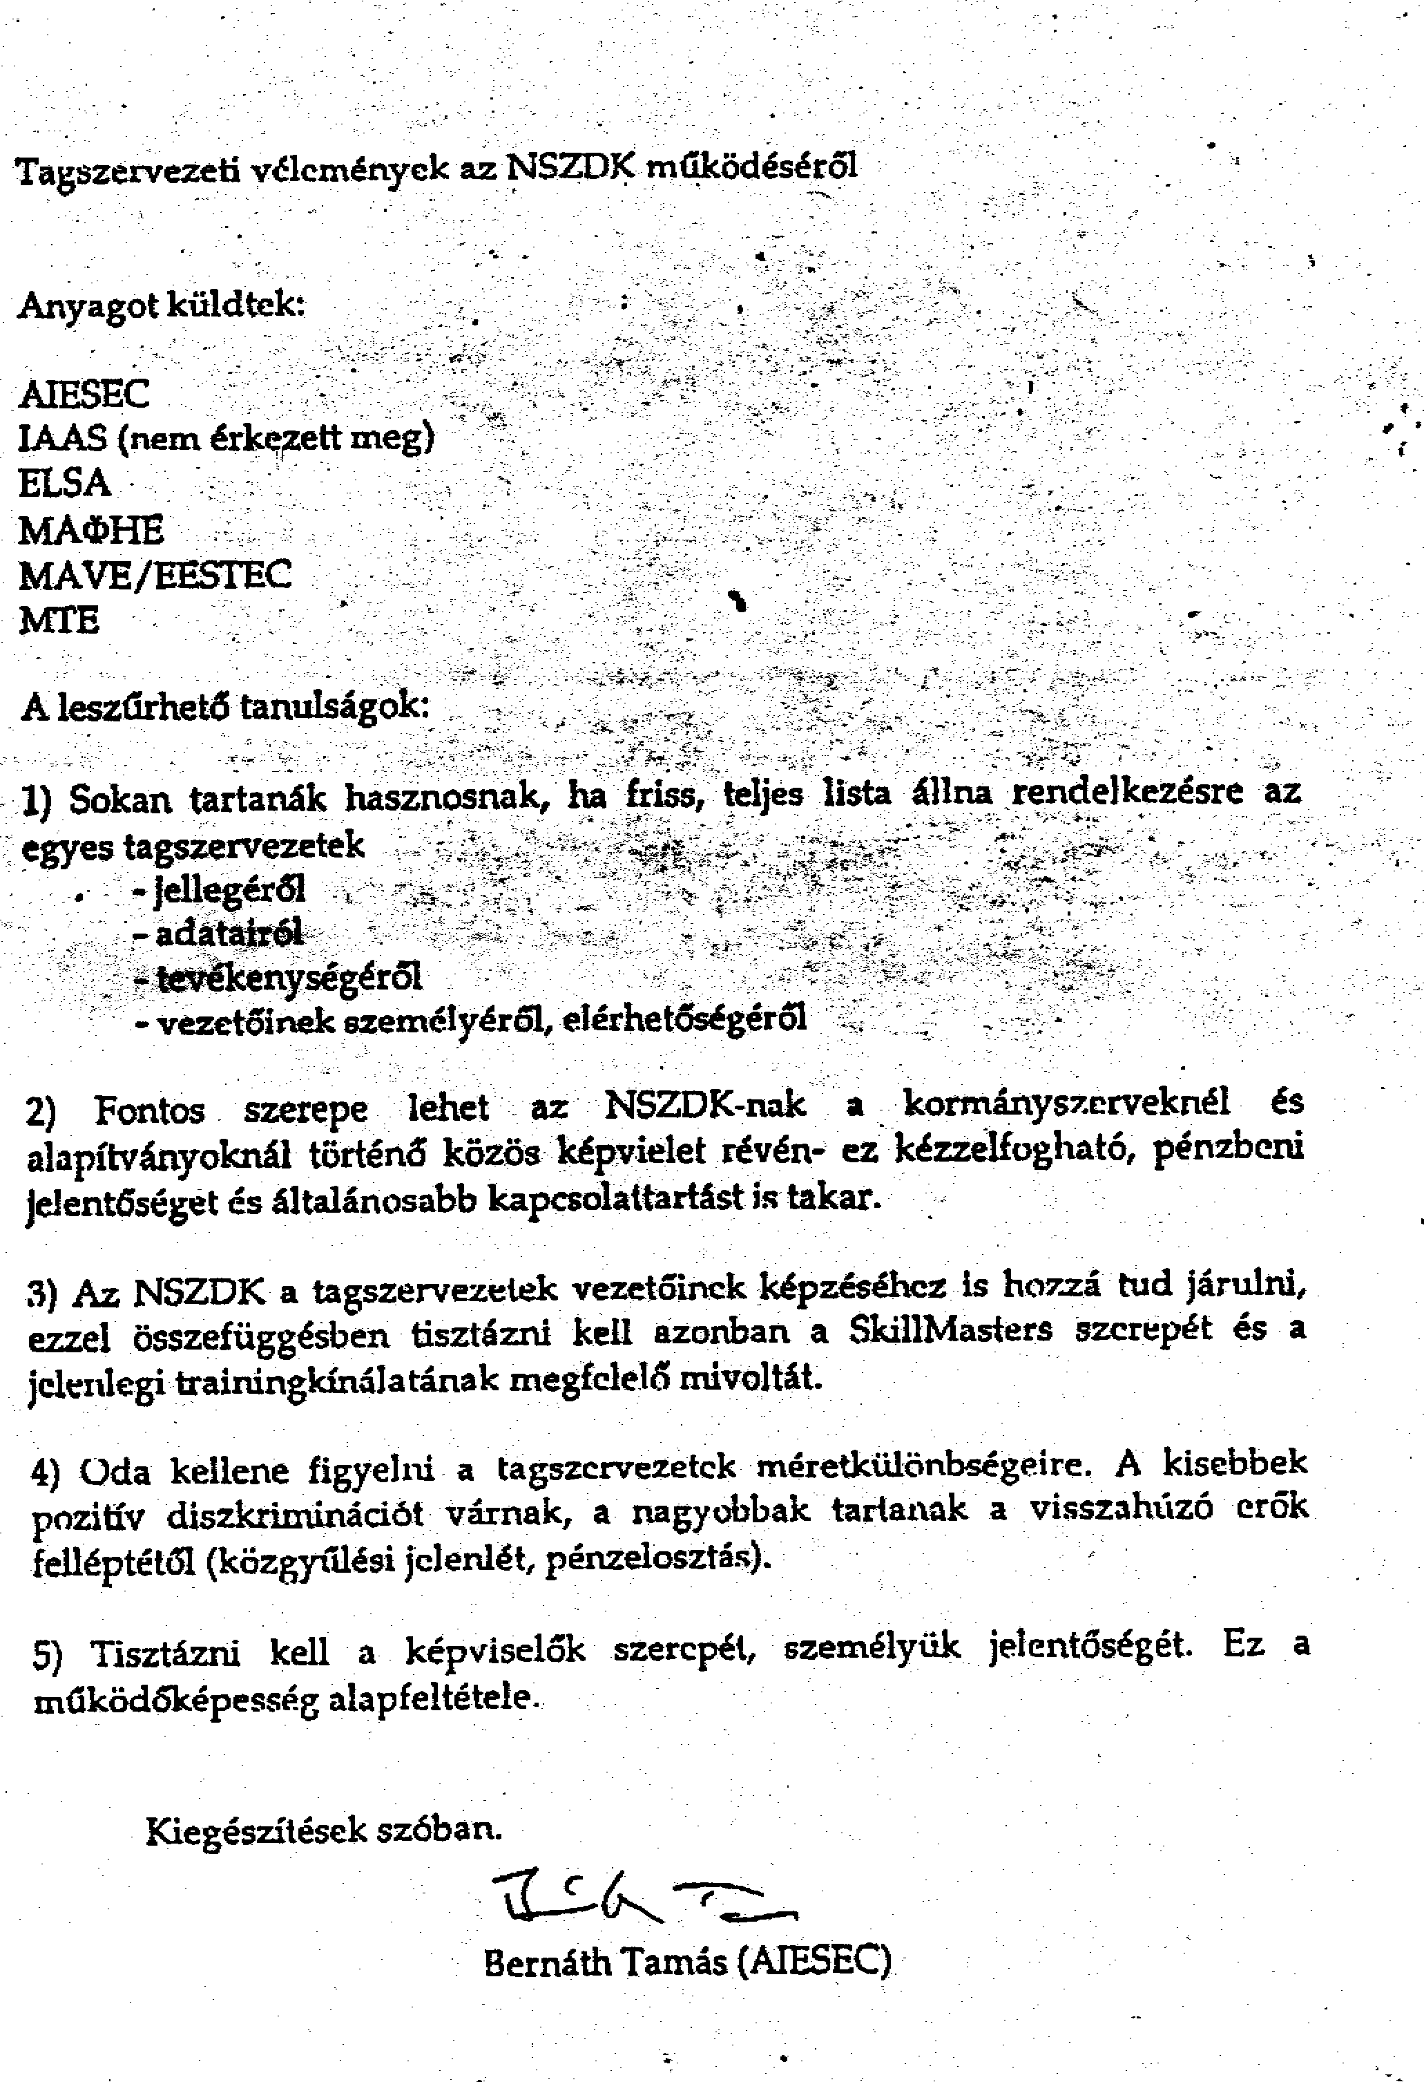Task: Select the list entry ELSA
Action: click(x=64, y=484)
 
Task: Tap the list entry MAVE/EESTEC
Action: click(x=155, y=574)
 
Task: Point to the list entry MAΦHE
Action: click(x=91, y=531)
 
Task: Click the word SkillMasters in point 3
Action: click(x=950, y=1329)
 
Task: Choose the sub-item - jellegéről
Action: click(x=220, y=889)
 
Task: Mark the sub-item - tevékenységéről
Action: click(x=278, y=977)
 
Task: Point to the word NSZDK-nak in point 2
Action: click(x=705, y=1106)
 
